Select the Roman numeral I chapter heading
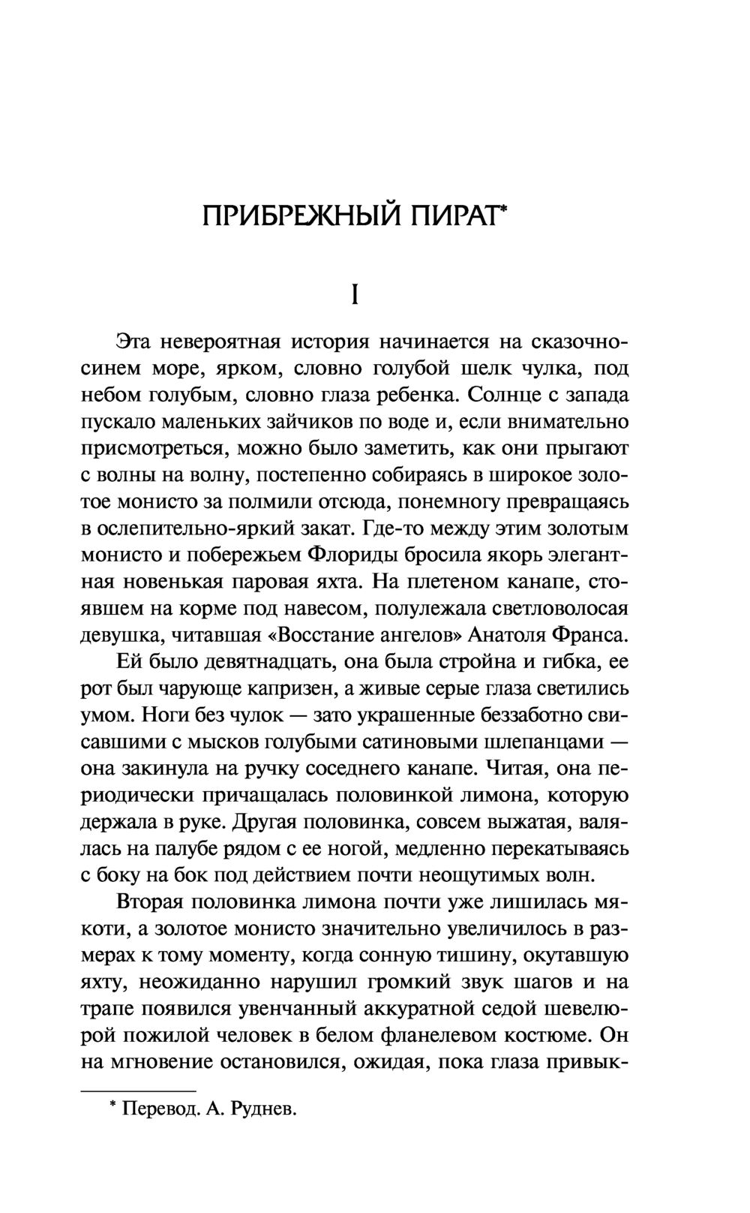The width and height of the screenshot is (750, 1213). (355, 295)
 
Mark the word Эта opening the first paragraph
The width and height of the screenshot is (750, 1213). (136, 342)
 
